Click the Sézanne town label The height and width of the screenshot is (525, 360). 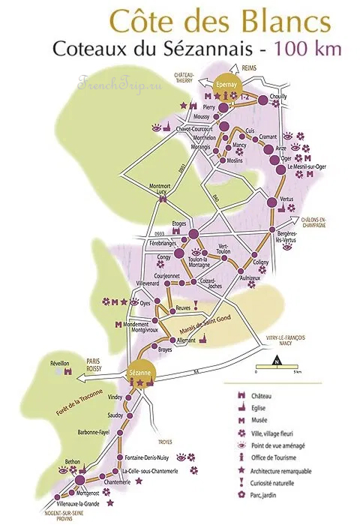tap(140, 373)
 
